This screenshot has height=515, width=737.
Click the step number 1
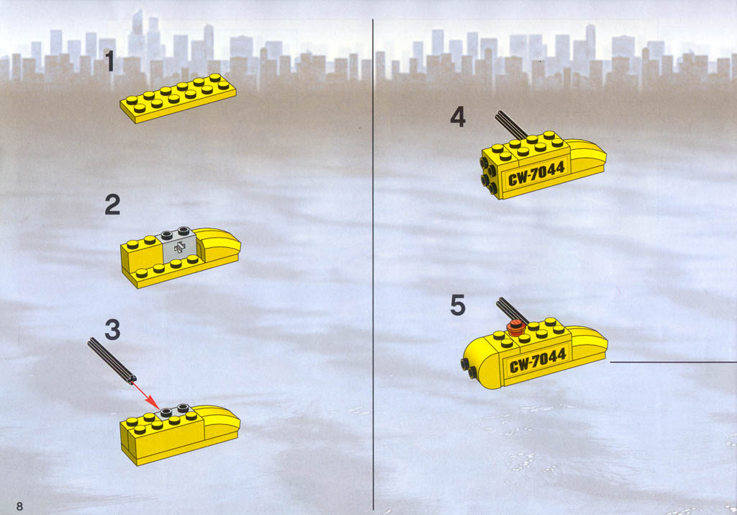pos(109,61)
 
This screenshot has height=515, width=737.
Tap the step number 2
pos(112,205)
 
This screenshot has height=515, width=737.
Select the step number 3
pos(112,330)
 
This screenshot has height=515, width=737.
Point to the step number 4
pos(458,117)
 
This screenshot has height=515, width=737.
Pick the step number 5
pos(458,305)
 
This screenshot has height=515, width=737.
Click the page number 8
pos(19,506)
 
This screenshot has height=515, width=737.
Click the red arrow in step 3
pos(146,395)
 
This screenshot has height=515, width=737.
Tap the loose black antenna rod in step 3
pos(112,361)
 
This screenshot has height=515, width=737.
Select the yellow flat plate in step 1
pos(178,98)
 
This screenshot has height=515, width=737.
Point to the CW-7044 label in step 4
pos(535,173)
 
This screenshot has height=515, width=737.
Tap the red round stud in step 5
pos(517,326)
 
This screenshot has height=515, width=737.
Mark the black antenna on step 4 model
pos(511,125)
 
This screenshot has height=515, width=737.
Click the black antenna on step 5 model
pos(512,310)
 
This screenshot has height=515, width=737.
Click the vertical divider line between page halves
pos(374,264)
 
